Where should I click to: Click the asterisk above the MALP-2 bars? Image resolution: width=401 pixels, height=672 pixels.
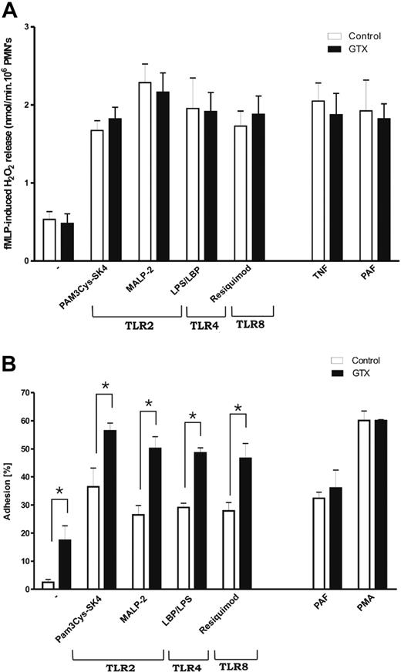tap(149, 404)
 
